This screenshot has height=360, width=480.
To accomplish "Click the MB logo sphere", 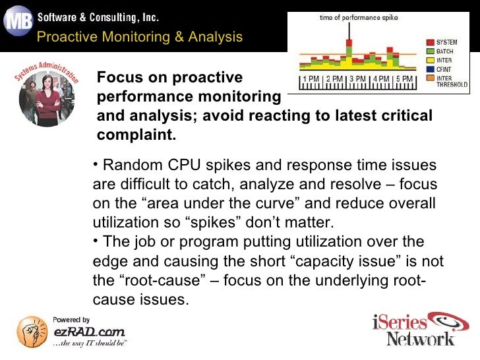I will pyautogui.click(x=18, y=22).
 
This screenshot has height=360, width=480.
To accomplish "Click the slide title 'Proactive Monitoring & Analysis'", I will pyautogui.click(x=140, y=37).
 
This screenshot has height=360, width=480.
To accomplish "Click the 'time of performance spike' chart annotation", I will pyautogui.click(x=349, y=17).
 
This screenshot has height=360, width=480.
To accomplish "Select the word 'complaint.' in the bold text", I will pyautogui.click(x=137, y=135).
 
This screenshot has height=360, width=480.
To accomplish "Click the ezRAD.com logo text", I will pyautogui.click(x=88, y=332).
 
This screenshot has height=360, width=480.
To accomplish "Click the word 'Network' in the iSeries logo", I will pyautogui.click(x=420, y=338).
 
